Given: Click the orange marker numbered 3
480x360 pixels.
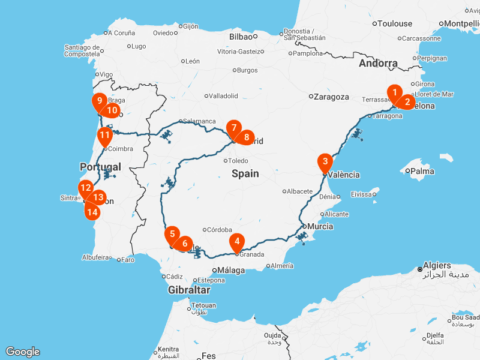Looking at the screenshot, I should [325, 162].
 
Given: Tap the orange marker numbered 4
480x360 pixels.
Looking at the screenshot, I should [238, 242].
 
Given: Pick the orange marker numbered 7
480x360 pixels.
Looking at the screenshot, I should [233, 128].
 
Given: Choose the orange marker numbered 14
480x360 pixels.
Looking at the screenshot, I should [92, 211].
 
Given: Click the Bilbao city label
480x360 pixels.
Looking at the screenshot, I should [240, 36].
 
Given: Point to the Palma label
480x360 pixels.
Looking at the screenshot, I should [422, 171].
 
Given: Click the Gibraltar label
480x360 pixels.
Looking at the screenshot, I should [189, 290].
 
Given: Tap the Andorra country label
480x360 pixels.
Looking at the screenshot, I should [378, 63].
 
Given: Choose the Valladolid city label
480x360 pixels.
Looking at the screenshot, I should [224, 95].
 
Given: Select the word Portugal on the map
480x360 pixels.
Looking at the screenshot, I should [100, 167].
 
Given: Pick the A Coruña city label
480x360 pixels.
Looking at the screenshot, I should [122, 33].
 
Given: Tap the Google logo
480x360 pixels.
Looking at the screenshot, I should [22, 352].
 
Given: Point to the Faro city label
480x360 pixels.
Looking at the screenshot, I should [127, 260].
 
